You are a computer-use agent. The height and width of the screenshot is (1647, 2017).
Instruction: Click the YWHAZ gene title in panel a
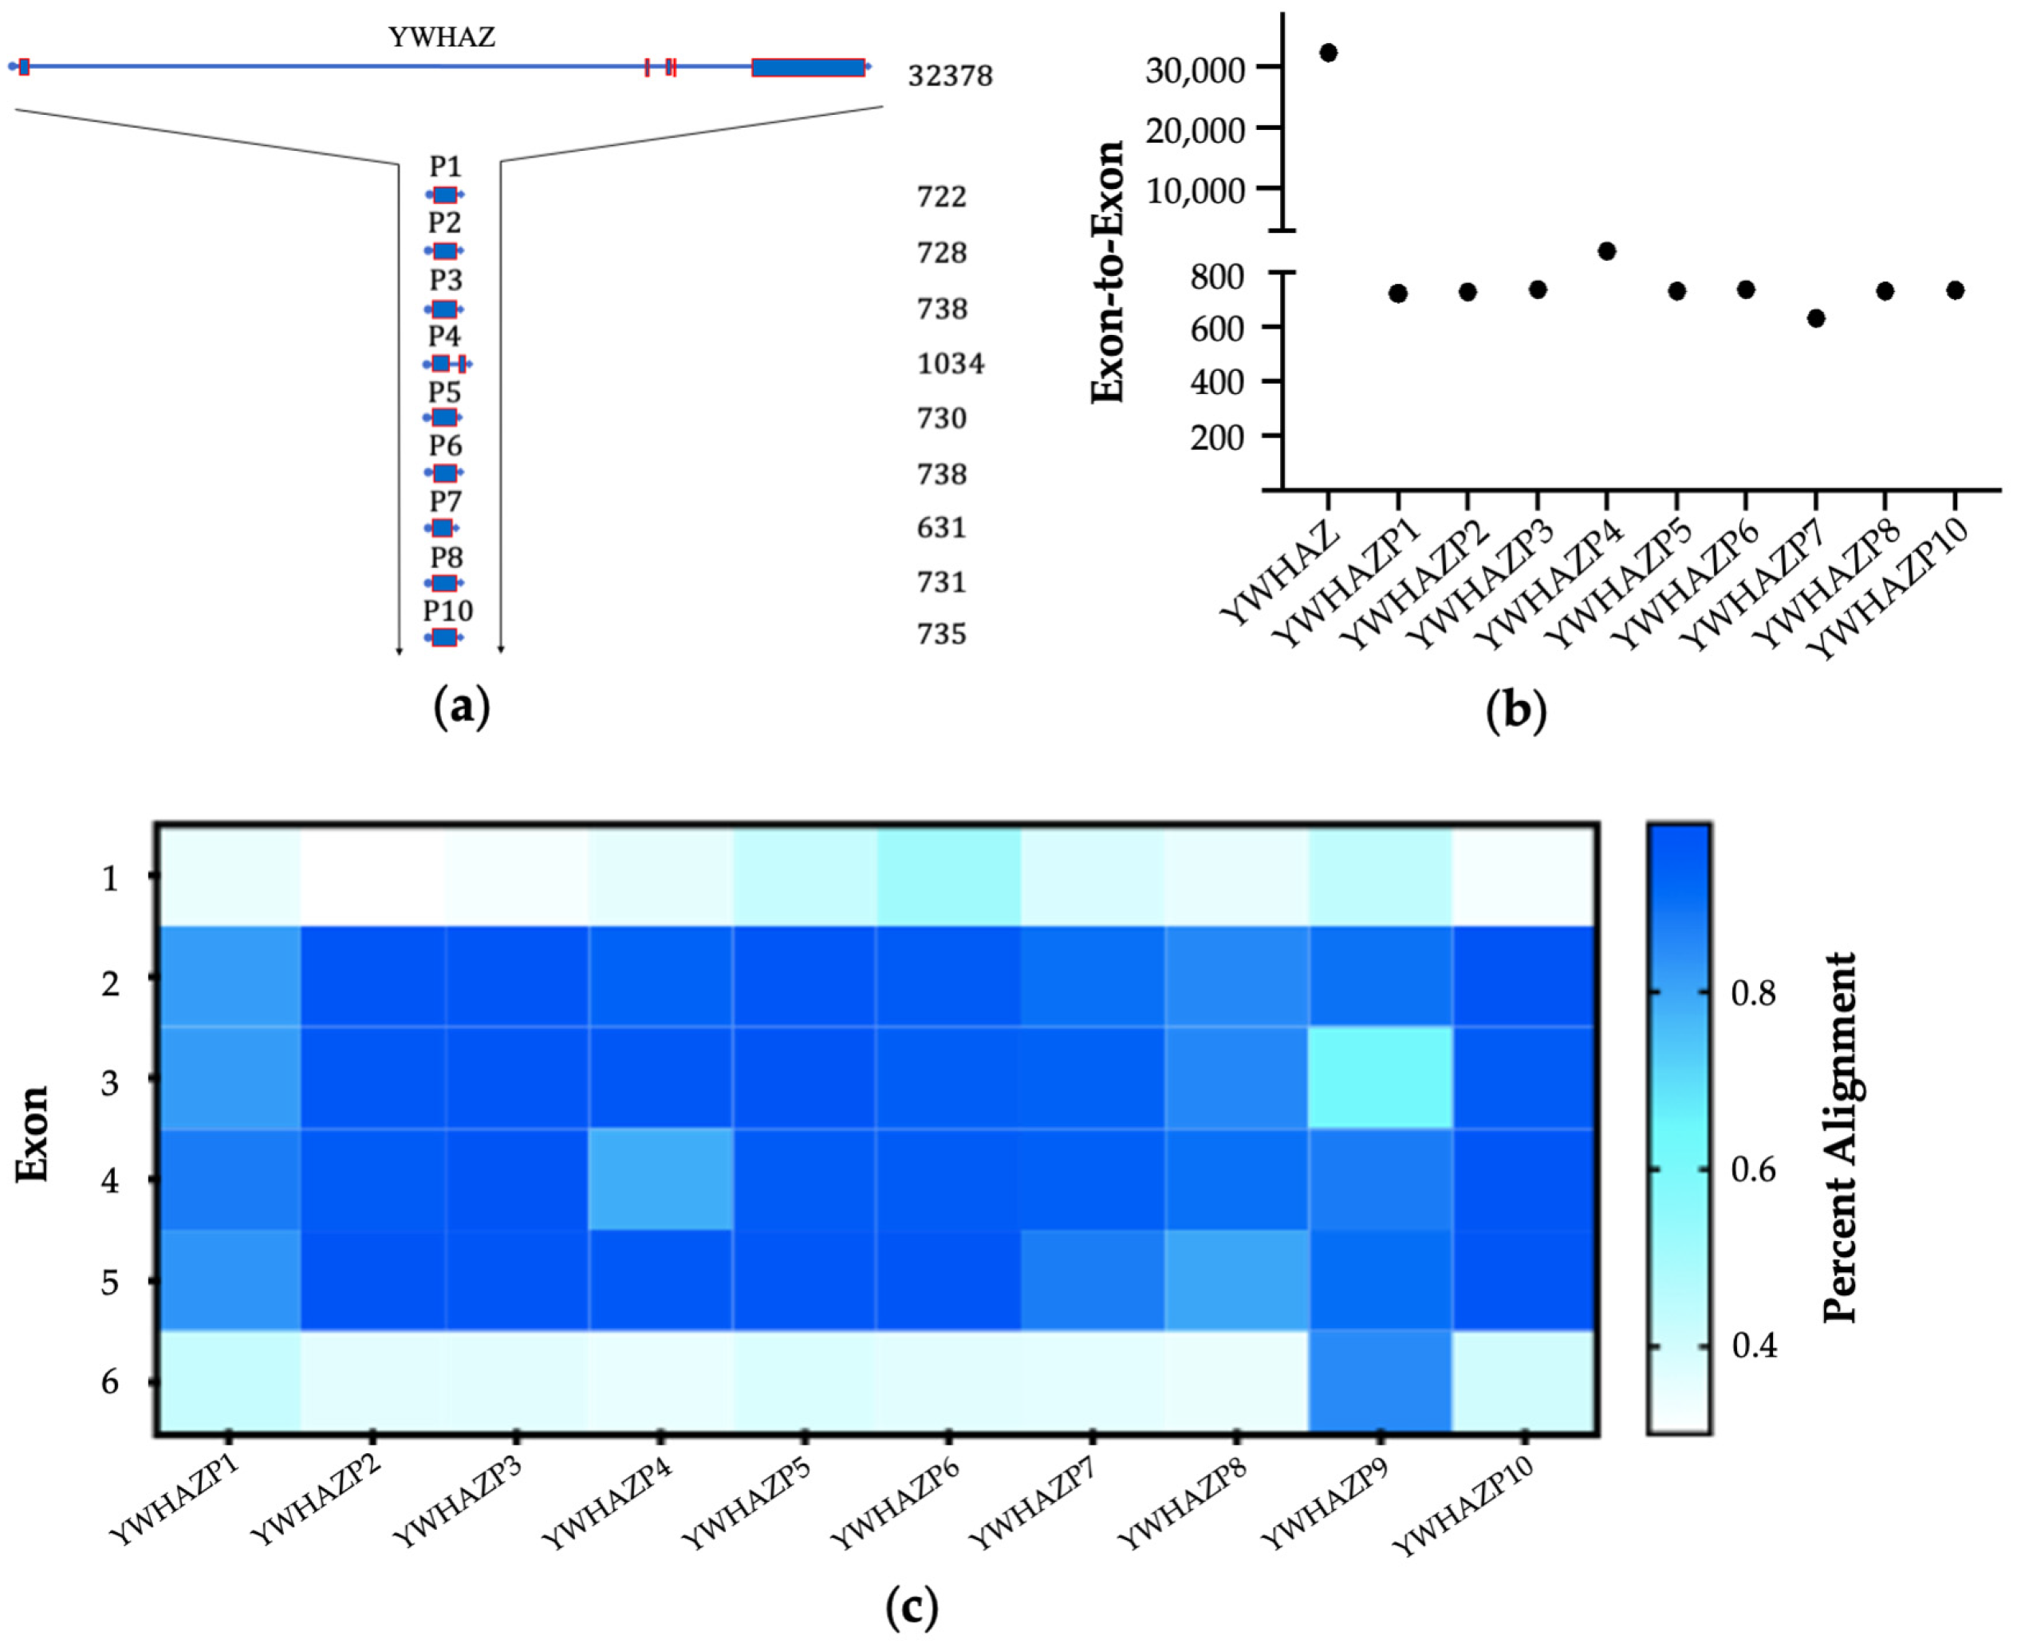click(442, 37)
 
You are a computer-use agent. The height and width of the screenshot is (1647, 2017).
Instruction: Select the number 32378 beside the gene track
click(950, 76)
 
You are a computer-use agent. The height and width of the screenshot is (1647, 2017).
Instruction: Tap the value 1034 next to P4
click(950, 364)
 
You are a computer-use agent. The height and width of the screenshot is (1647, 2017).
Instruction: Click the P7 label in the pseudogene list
click(445, 501)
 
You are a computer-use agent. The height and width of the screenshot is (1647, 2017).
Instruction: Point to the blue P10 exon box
click(444, 636)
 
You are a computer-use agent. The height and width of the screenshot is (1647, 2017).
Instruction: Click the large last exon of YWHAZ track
click(807, 67)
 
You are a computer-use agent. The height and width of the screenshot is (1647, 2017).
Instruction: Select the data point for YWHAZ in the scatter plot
click(1328, 52)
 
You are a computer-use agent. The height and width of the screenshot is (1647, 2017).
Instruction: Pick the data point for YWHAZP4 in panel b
click(1606, 251)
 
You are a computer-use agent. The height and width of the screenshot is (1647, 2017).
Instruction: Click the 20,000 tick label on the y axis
click(1195, 129)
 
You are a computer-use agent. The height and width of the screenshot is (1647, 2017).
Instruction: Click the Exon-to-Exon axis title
click(1107, 272)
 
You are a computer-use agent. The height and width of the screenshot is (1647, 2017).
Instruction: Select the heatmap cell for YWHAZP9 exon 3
click(1381, 1078)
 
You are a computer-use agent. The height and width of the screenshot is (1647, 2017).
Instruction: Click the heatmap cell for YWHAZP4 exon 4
click(660, 1180)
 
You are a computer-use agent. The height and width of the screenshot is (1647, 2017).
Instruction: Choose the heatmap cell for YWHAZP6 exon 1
click(947, 875)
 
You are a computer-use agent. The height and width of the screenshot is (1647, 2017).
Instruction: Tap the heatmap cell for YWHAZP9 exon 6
click(1381, 1381)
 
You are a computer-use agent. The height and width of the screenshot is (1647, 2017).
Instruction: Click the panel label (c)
click(911, 1607)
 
